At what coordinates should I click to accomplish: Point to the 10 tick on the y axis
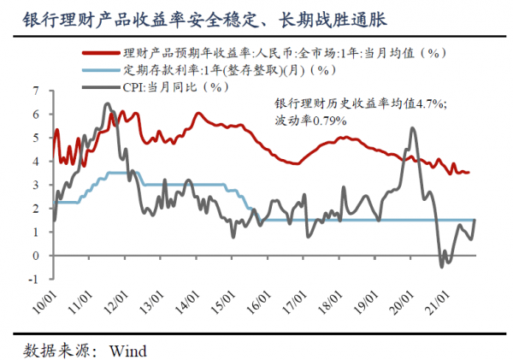click(x=36, y=89)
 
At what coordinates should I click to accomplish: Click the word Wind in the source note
click(x=128, y=351)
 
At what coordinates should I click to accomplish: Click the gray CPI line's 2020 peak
click(x=413, y=128)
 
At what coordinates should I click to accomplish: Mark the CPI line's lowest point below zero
click(x=442, y=266)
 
